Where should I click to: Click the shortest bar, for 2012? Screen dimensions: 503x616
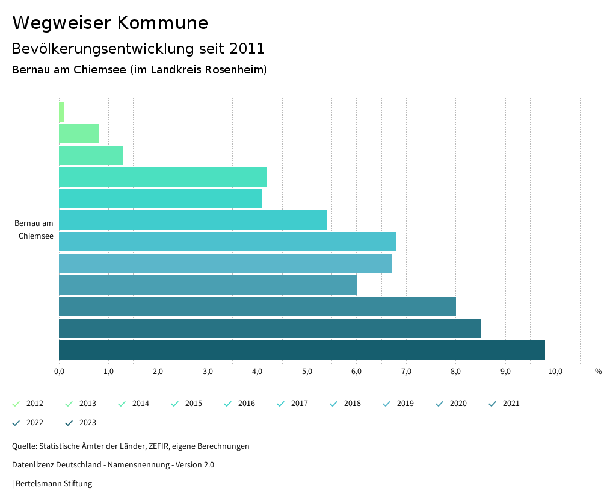[x=61, y=112]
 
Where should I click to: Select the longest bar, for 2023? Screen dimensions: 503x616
[x=301, y=350]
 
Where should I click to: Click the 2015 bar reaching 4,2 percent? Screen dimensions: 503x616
[x=162, y=177]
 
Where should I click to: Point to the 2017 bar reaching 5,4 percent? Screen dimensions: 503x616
[x=192, y=220]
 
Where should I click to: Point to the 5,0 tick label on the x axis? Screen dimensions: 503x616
[x=307, y=372]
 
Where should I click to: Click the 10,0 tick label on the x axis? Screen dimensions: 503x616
[x=555, y=372]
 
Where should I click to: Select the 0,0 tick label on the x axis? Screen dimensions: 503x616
[x=59, y=372]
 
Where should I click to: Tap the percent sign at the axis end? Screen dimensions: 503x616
[x=598, y=372]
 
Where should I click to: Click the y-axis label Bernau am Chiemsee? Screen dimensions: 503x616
[x=34, y=230]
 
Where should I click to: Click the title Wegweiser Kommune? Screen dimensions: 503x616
[x=110, y=23]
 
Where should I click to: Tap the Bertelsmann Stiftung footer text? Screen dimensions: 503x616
[x=54, y=483]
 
